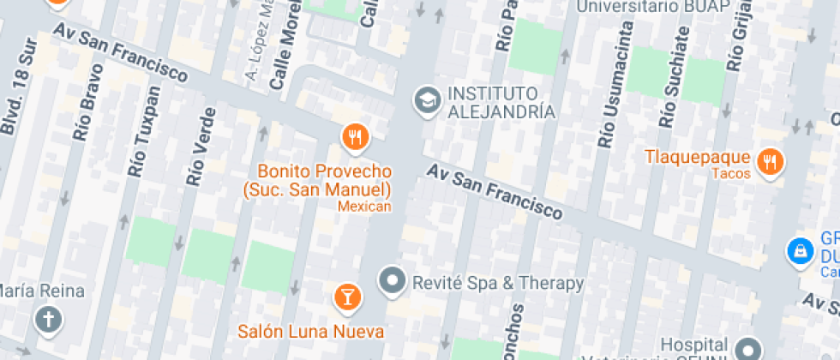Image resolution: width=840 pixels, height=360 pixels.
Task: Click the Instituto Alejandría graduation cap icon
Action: tap(425, 101)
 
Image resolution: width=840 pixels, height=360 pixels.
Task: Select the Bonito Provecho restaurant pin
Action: tap(355, 135)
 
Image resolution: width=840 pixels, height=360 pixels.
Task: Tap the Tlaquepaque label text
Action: tap(698, 157)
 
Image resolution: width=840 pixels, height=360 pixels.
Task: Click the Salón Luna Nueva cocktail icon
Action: tap(347, 297)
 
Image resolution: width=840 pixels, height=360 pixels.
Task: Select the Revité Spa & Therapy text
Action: tap(498, 282)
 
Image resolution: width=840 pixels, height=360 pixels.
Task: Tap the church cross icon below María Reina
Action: tap(47, 321)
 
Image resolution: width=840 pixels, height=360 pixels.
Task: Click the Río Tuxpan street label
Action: tap(144, 132)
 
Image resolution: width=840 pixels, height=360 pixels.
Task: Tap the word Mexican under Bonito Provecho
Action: tap(364, 206)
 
